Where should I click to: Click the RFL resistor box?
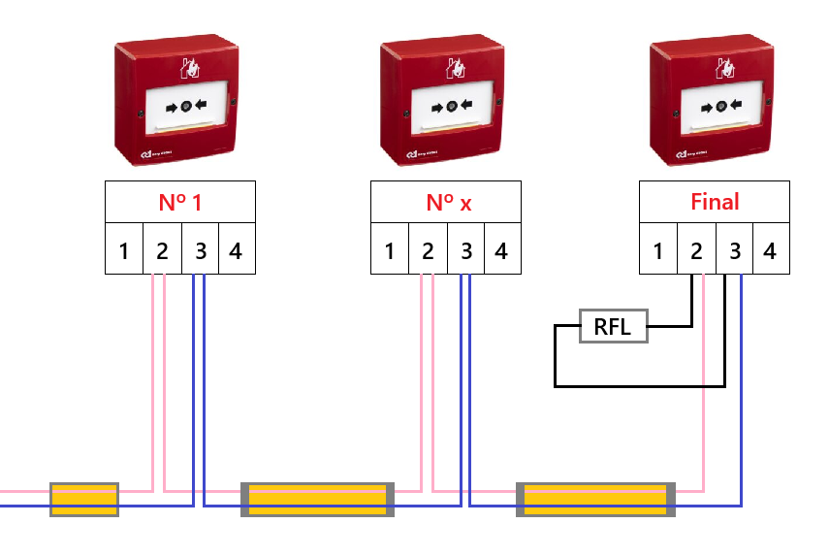coord(613,327)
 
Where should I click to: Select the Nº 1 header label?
coord(180,203)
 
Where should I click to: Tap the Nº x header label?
coord(446,203)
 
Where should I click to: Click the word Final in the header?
coord(715,202)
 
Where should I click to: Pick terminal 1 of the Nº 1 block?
coord(124,251)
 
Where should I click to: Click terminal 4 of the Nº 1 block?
coord(236,251)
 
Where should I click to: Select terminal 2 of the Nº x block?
coord(427,251)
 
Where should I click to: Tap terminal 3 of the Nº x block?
coord(465,251)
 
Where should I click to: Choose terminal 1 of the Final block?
coord(658,251)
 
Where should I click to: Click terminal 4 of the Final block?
coord(770,251)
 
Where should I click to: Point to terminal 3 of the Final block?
coord(734,251)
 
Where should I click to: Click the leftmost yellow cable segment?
coord(84,499)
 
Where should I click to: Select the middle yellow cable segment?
coord(318,499)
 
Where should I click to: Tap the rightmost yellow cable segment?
coord(595,499)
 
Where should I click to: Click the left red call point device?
coord(176,102)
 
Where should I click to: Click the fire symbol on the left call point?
coord(189,67)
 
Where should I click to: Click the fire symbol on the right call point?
coord(724,67)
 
